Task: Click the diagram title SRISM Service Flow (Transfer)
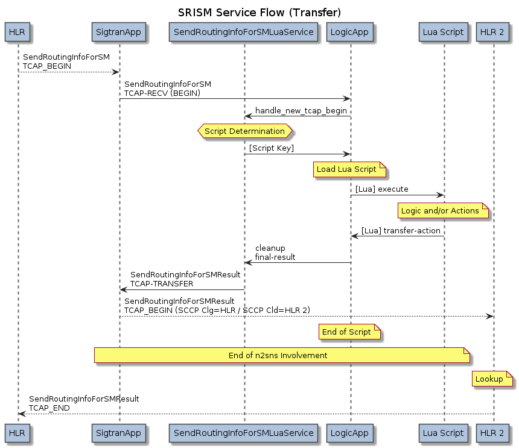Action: click(x=259, y=12)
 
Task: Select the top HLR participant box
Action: click(x=18, y=32)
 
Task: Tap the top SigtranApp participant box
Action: click(x=119, y=32)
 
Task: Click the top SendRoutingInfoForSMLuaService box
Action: click(x=244, y=32)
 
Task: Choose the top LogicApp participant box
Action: click(x=350, y=32)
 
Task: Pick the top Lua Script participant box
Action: click(x=444, y=32)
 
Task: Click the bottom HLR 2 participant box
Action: click(x=493, y=433)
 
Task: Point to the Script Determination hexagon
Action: click(x=244, y=131)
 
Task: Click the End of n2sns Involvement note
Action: click(x=282, y=355)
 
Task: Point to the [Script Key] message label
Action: click(x=272, y=148)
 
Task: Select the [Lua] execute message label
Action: click(x=381, y=189)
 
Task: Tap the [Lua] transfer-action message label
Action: click(x=401, y=231)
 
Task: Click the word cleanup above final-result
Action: click(x=270, y=248)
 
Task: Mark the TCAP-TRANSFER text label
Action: click(x=162, y=283)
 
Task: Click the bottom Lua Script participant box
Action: click(x=444, y=433)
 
